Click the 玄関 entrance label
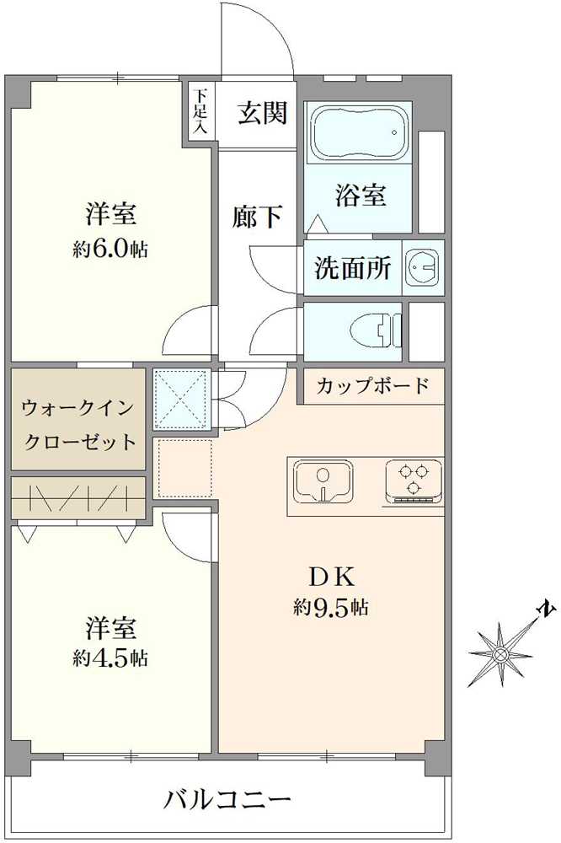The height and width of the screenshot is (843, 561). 262,113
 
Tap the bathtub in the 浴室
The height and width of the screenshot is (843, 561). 359,134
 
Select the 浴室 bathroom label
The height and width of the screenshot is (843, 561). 361,196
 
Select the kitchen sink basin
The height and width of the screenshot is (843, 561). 324,485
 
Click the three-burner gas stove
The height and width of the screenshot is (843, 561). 413,481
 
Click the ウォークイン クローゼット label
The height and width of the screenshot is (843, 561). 77,423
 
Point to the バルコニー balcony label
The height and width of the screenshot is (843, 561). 227,797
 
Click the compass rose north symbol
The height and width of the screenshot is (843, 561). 503,651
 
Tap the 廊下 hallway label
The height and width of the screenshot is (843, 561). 258,217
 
